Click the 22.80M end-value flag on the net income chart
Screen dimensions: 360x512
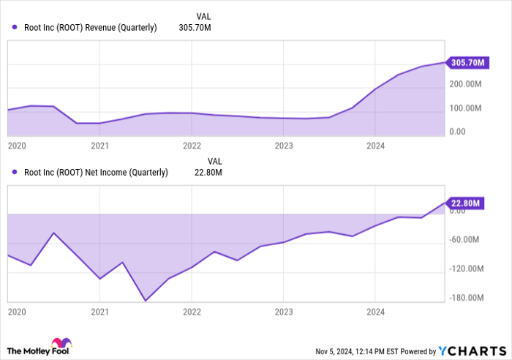pyautogui.click(x=466, y=203)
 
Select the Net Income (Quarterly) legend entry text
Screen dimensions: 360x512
pyautogui.click(x=96, y=173)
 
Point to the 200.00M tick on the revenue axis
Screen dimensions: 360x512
pyautogui.click(x=465, y=85)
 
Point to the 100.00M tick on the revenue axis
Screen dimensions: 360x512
pyautogui.click(x=465, y=109)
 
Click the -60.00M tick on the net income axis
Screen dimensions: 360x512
pyautogui.click(x=467, y=240)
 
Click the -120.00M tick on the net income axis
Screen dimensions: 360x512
pyautogui.click(x=466, y=269)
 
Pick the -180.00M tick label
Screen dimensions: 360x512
pyautogui.click(x=466, y=298)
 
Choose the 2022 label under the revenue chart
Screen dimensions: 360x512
pyautogui.click(x=192, y=146)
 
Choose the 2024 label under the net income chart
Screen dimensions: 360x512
pyautogui.click(x=374, y=312)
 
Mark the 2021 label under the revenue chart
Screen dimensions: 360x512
pyautogui.click(x=99, y=146)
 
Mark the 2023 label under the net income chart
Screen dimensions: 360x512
pyautogui.click(x=283, y=312)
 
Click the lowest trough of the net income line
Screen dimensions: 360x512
pyautogui.click(x=146, y=300)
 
